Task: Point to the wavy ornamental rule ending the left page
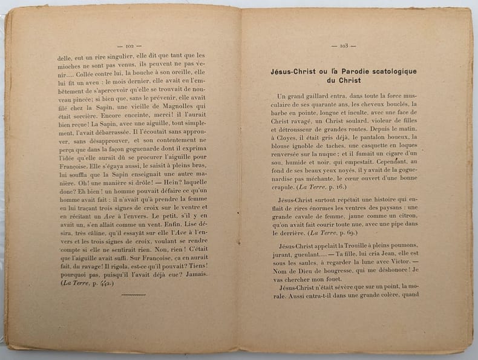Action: click(x=133, y=294)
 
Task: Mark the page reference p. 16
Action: click(x=354, y=187)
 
